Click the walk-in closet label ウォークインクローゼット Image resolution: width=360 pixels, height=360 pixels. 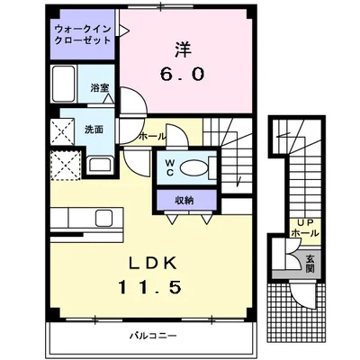[82, 37]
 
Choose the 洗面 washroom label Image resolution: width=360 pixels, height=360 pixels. [94, 128]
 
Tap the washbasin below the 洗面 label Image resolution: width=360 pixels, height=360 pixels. [96, 166]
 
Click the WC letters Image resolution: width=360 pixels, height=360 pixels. [169, 167]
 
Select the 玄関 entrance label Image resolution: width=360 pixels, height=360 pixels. [309, 262]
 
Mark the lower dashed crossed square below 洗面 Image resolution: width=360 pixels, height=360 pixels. [65, 166]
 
